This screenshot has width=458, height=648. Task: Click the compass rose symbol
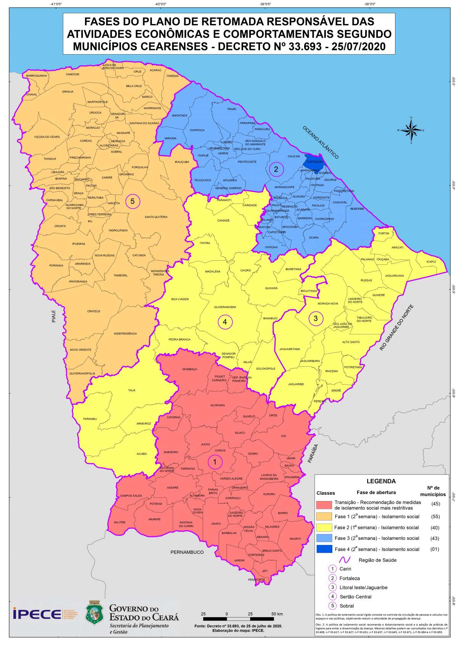(411, 130)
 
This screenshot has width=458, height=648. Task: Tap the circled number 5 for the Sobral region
(132, 201)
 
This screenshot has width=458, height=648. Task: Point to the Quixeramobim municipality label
(225, 307)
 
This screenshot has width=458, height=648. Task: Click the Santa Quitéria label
(156, 217)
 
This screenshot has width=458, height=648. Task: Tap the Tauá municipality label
(132, 390)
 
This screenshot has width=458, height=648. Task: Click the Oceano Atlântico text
(321, 142)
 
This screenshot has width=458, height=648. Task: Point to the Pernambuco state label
(187, 552)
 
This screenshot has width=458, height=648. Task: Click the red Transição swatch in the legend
(324, 505)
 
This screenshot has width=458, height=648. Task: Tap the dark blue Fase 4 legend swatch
(324, 549)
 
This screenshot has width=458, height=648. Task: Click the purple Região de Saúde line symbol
(345, 560)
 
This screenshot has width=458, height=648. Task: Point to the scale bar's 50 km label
(277, 614)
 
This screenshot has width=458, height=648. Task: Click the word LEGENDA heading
(381, 481)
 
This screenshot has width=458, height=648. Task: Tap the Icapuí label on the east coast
(431, 262)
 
